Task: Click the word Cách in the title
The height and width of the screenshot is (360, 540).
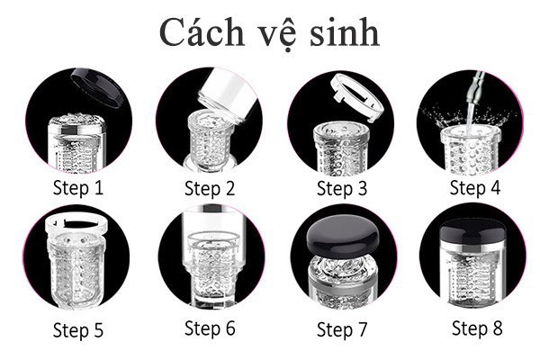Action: (x=202, y=32)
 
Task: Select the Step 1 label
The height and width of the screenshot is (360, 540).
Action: (x=78, y=189)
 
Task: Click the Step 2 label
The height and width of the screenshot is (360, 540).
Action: (x=210, y=189)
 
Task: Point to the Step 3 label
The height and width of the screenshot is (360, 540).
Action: (x=342, y=189)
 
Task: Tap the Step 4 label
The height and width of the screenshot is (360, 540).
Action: (x=475, y=188)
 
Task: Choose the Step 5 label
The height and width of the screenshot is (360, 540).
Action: (x=78, y=330)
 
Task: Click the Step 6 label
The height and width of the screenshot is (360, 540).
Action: (x=210, y=328)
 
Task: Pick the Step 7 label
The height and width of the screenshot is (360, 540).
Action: (x=342, y=330)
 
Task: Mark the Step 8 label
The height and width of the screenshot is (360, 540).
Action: (x=477, y=328)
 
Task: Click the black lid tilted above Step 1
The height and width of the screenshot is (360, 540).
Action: (x=97, y=87)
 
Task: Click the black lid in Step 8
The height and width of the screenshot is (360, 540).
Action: (x=472, y=230)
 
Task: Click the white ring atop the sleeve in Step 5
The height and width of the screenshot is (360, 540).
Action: (x=76, y=223)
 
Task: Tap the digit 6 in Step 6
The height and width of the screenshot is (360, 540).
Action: (x=230, y=328)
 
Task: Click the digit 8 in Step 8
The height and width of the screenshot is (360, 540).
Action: (x=498, y=328)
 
